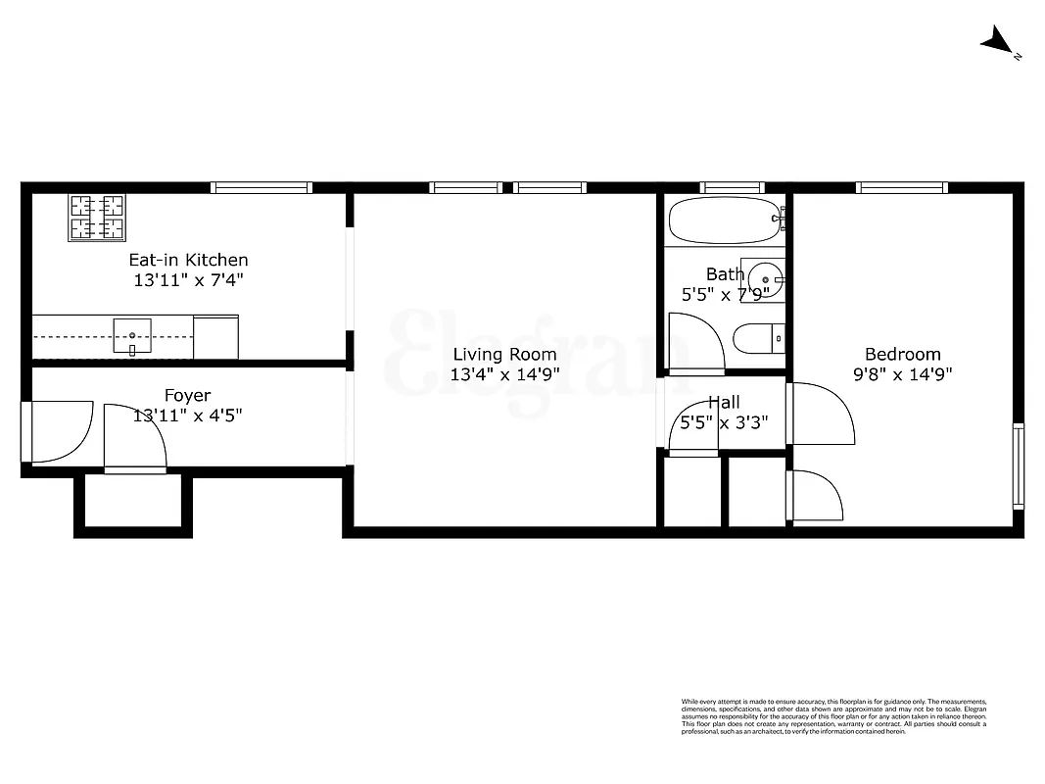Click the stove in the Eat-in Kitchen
pos(97,218)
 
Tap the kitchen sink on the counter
pos(132,335)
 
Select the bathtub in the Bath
pos(726,220)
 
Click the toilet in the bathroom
pos(759,338)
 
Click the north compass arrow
pos(1000,42)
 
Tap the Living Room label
pos(504,355)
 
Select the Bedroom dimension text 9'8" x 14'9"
pos(902,374)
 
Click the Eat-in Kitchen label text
pos(189,260)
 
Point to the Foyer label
pos(187,396)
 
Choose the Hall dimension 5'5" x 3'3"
pos(724,423)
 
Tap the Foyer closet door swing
pos(135,439)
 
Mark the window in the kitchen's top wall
pos(261,187)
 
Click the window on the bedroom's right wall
pos(1019,465)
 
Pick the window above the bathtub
pos(732,187)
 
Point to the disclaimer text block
pos(833,716)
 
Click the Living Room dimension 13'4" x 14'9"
pos(504,374)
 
